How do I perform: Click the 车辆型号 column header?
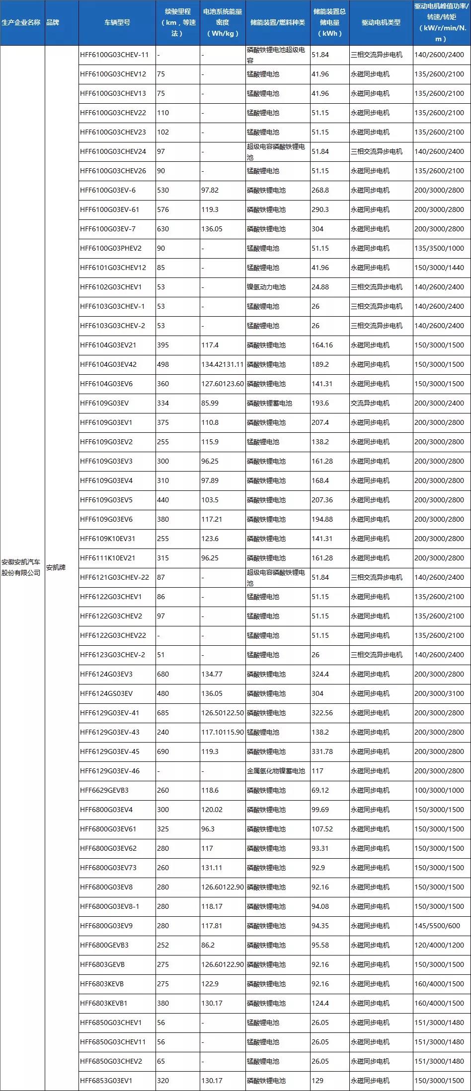tap(117, 23)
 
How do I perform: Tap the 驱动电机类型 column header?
tap(381, 23)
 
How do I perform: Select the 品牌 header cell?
tap(53, 23)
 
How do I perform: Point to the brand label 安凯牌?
tap(56, 567)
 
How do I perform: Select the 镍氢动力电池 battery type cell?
tap(266, 287)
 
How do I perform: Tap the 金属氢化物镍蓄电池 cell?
tap(276, 771)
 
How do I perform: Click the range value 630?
tap(163, 229)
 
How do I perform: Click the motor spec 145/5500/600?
tap(437, 926)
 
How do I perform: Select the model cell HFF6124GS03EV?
tap(106, 693)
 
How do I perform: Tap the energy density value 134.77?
tap(212, 674)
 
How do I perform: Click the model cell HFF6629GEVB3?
tap(104, 790)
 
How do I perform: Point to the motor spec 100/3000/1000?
tap(439, 790)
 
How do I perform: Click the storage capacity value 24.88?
tap(320, 287)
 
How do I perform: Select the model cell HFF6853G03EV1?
tap(106, 1081)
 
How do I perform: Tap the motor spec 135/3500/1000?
tap(439, 248)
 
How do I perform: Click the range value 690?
tap(163, 751)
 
